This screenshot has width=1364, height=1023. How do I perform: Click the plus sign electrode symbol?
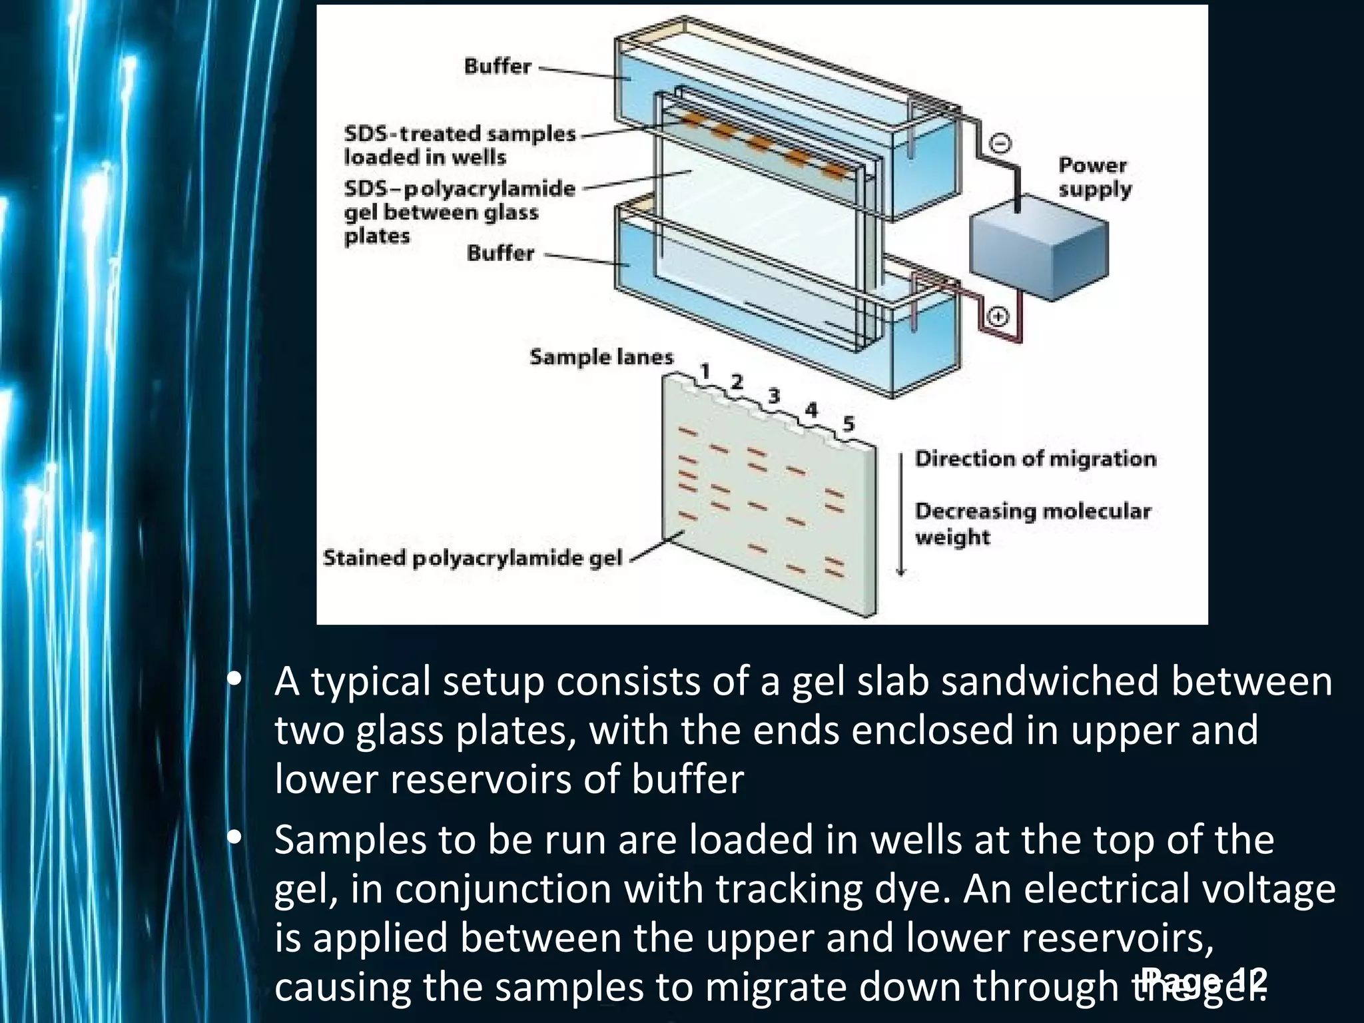[997, 316]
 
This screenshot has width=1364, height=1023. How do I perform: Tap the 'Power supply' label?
[1094, 177]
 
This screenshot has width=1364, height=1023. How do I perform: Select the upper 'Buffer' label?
[498, 67]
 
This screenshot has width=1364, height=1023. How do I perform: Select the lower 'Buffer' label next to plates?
[500, 253]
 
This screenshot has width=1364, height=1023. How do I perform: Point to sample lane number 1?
[705, 370]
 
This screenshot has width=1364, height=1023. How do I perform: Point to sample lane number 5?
[847, 424]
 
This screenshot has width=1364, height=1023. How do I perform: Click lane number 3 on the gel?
[773, 396]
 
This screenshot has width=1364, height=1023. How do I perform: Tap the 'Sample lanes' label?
[601, 357]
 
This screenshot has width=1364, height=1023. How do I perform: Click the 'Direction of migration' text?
[1035, 459]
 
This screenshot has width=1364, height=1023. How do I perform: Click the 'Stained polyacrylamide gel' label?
[472, 557]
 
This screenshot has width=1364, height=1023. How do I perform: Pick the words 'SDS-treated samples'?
[460, 134]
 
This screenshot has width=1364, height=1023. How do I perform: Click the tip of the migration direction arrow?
[901, 573]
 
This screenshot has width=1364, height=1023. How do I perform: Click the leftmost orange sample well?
[689, 120]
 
